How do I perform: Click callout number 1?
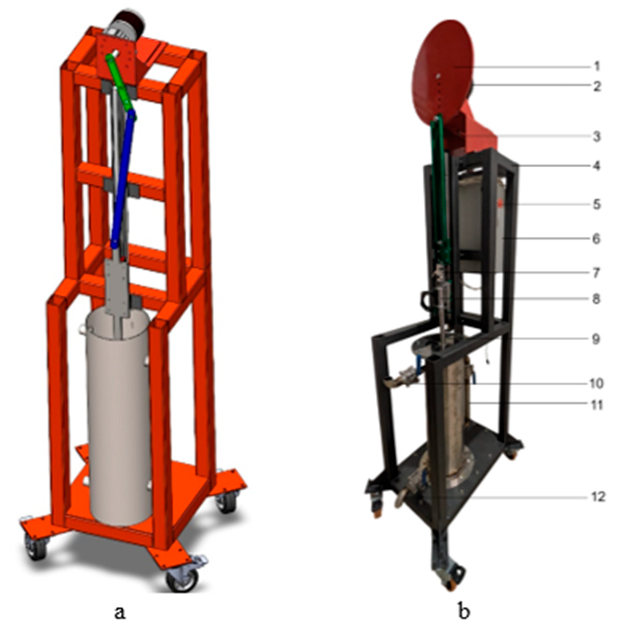coord(597,67)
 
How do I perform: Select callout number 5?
coord(597,205)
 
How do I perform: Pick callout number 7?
coord(596,273)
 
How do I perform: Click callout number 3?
coord(597,137)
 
